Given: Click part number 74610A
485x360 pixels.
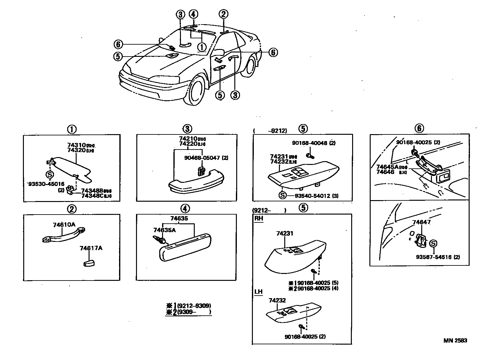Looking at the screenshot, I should tap(64, 225).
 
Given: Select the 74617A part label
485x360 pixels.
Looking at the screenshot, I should tap(91, 248).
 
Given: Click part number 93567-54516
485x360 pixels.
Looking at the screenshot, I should tap(434, 257).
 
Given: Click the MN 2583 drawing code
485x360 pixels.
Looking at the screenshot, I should tap(455, 341).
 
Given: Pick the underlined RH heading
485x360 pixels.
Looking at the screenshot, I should tap(259, 219).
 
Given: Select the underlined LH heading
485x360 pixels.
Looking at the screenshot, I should tap(258, 292).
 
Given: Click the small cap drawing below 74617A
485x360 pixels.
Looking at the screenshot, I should tap(89, 263).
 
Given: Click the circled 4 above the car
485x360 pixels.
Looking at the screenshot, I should tap(193, 14).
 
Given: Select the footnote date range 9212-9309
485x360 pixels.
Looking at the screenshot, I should tap(194, 305).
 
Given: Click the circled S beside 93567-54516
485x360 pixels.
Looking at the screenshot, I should tap(433, 243).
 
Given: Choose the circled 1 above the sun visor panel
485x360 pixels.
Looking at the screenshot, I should tap(72, 129).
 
